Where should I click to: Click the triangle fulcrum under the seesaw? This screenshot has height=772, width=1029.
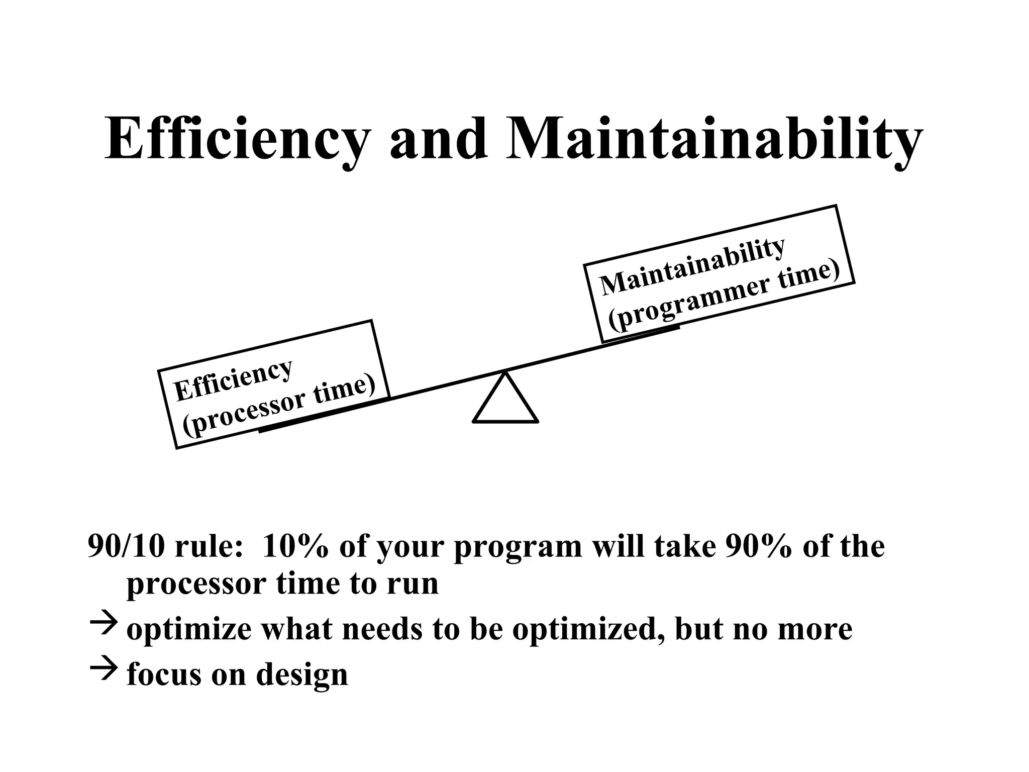(505, 400)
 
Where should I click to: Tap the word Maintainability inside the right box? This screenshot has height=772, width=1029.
(692, 266)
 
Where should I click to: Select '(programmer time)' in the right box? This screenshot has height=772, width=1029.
(724, 296)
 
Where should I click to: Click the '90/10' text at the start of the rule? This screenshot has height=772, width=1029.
(126, 546)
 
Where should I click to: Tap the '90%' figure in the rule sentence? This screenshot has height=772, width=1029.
(759, 546)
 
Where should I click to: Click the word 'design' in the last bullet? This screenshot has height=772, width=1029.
(301, 674)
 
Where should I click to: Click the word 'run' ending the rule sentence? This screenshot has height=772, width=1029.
(414, 584)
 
